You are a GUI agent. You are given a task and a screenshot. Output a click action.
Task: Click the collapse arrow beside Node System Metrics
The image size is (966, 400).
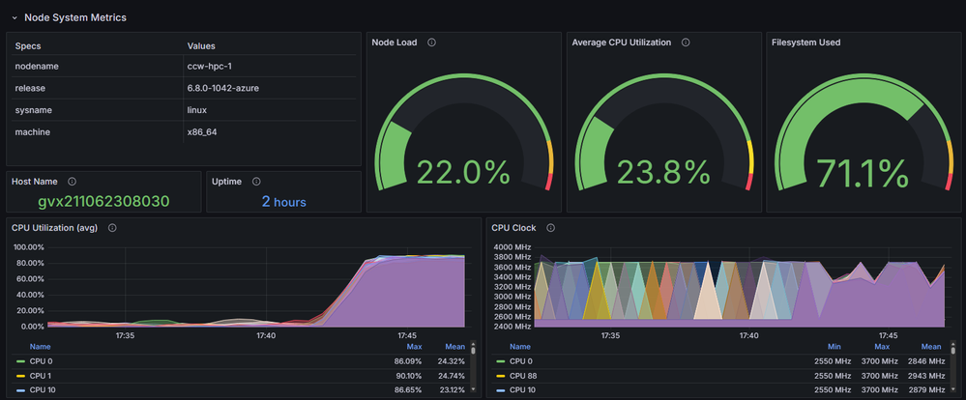pyautogui.click(x=15, y=17)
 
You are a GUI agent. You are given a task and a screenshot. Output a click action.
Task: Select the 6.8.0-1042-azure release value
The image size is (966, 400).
pyautogui.click(x=223, y=88)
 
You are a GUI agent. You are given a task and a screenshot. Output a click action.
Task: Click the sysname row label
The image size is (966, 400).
pyautogui.click(x=34, y=110)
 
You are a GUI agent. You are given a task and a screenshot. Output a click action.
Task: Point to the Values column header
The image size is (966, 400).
pyautogui.click(x=201, y=45)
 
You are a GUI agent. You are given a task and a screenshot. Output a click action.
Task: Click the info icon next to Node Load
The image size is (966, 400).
pyautogui.click(x=431, y=43)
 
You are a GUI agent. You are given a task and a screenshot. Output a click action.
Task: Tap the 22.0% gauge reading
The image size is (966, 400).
pyautogui.click(x=463, y=173)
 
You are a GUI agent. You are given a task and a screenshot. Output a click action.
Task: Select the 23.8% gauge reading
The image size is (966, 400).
pyautogui.click(x=663, y=173)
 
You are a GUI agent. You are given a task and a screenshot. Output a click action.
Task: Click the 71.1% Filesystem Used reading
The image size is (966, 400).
pyautogui.click(x=863, y=173)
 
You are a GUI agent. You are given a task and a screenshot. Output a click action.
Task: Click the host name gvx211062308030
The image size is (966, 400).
pyautogui.click(x=103, y=201)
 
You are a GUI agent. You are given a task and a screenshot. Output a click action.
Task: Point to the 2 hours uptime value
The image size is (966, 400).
pyautogui.click(x=283, y=201)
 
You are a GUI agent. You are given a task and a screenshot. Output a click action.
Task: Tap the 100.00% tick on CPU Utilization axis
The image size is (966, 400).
pyautogui.click(x=29, y=247)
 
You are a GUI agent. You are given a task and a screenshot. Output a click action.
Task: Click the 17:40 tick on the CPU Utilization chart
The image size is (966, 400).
pyautogui.click(x=266, y=336)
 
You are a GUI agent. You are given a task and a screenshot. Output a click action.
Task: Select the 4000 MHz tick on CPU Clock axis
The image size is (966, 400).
pyautogui.click(x=512, y=247)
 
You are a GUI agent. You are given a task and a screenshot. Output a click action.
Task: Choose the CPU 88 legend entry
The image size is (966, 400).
pyautogui.click(x=523, y=375)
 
